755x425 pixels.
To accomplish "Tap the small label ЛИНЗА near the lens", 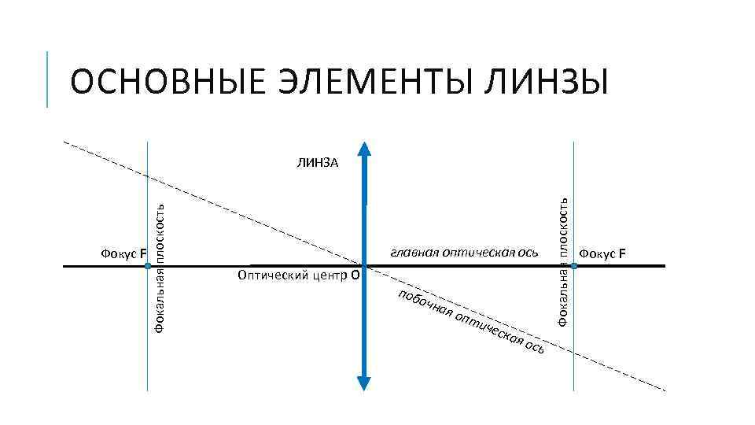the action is [x=318, y=164].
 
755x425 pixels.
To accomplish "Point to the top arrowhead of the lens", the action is [x=364, y=150].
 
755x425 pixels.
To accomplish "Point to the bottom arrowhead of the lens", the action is [x=364, y=382].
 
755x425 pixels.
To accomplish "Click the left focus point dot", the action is [x=148, y=267].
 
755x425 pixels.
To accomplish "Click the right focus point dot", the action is [x=574, y=267].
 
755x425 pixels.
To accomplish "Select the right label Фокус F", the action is [x=603, y=253].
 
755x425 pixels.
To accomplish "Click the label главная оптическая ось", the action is [x=464, y=253].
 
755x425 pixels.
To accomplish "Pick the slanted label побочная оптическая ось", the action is [x=470, y=323].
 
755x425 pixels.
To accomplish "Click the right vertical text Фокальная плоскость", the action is [x=562, y=261].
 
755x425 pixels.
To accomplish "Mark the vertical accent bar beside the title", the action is [x=48, y=79].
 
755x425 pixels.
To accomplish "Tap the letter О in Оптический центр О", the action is [x=355, y=276].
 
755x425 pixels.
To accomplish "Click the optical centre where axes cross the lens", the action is [x=364, y=266].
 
